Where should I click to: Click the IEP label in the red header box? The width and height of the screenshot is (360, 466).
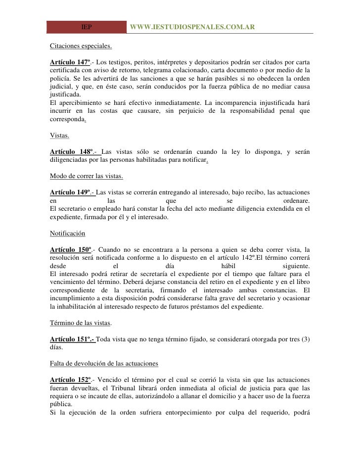click(87, 27)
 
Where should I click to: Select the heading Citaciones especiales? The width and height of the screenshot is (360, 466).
click(81, 48)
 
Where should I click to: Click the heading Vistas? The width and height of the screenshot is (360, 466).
click(60, 135)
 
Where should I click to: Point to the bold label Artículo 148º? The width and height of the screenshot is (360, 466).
click(70, 151)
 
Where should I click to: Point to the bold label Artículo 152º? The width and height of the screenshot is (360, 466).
click(70, 379)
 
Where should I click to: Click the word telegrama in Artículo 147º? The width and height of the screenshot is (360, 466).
click(154, 72)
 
